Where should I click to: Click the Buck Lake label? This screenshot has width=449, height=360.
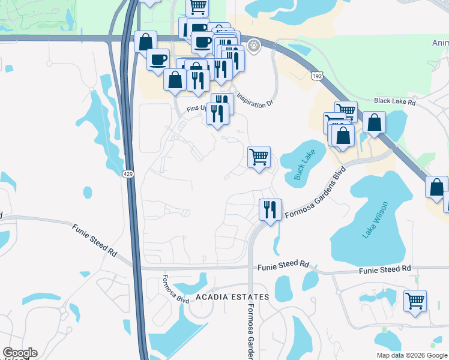click(305, 166)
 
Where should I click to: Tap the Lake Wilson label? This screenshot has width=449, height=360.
click(375, 220)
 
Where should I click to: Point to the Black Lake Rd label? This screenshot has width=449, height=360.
click(394, 102)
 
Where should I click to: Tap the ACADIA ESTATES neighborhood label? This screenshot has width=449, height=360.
click(232, 297)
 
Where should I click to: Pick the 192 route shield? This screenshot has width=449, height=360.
click(317, 76)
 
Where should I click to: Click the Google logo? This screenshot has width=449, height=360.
click(20, 353)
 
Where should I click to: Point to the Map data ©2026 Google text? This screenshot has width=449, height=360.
click(412, 355)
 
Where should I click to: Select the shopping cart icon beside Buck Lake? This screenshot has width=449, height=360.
click(259, 157)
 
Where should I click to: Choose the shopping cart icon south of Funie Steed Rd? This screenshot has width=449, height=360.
click(415, 300)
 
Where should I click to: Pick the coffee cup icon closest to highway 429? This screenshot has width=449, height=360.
click(158, 59)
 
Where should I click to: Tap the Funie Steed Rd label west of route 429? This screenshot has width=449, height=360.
click(94, 240)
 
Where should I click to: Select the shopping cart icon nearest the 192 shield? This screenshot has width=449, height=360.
click(346, 112)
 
